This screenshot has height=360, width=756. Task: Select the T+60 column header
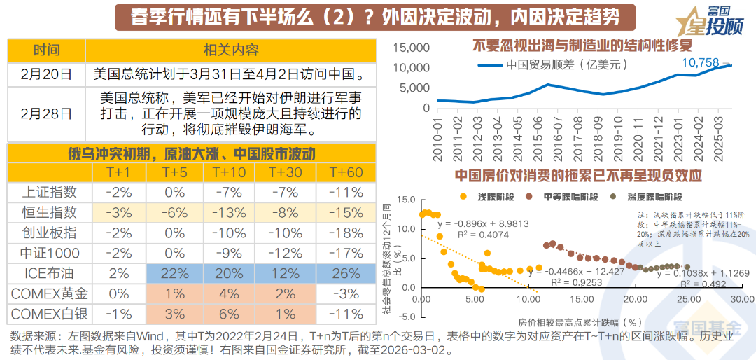tap(345, 172)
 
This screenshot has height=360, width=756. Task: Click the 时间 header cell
tap(46, 50)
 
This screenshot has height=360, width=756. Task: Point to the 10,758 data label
tap(700, 63)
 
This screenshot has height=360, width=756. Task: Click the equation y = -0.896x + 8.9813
tap(483, 224)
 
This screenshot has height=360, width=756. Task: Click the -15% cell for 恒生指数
tap(345, 212)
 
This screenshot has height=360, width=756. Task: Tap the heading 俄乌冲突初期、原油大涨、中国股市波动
tap(191, 153)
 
